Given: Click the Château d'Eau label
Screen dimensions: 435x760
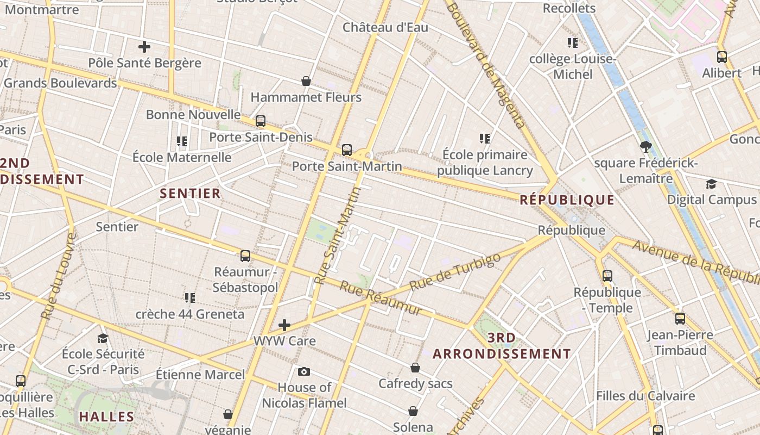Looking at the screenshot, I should (385, 27).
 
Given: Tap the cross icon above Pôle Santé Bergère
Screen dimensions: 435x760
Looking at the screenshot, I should (144, 47).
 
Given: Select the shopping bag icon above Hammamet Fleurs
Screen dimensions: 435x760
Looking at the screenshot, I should (306, 81).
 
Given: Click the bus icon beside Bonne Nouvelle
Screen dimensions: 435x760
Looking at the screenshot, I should (261, 121).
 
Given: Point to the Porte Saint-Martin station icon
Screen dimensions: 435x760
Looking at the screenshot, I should (347, 150).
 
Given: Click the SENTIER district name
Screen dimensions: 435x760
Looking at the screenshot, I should (190, 193).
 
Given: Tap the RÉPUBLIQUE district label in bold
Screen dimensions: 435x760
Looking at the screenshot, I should (567, 200).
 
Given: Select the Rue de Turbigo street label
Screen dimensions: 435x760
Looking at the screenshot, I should (455, 271).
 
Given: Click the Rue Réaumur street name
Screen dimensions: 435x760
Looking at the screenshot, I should (381, 297).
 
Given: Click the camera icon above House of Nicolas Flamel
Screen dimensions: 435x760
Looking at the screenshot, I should (304, 371).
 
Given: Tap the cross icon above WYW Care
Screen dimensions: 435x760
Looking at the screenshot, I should (284, 325).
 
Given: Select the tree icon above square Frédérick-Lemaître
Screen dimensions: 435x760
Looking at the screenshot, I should (645, 146).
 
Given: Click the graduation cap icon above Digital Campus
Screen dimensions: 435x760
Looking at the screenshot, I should (711, 184).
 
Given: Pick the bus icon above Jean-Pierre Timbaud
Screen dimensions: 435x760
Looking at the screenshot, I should (680, 318).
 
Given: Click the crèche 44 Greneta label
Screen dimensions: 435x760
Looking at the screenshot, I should (189, 314).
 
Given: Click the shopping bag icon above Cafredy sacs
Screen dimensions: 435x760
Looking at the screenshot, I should (415, 368).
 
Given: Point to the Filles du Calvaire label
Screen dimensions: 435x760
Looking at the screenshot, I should (645, 395).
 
